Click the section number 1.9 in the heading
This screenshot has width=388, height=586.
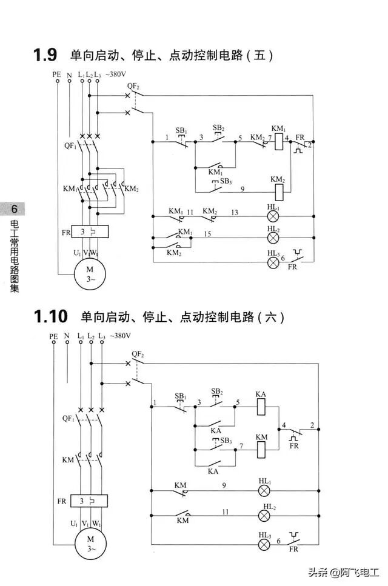[45, 55]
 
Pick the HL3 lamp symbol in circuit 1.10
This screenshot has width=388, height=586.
[265, 544]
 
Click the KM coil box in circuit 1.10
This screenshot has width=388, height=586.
[261, 449]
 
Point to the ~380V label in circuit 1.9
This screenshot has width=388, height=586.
[116, 75]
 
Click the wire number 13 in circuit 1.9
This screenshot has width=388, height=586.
[235, 211]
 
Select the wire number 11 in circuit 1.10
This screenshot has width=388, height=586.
[225, 511]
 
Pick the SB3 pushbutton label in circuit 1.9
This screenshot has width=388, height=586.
[225, 181]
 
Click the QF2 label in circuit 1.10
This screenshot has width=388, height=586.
[138, 354]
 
